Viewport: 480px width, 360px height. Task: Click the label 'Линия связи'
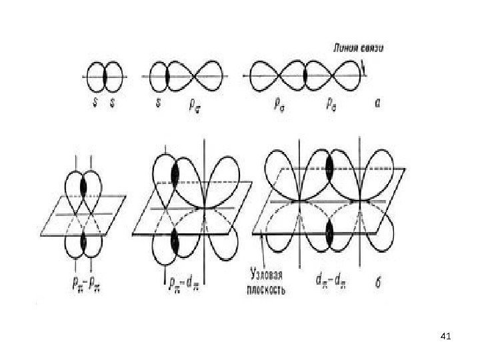click(x=358, y=48)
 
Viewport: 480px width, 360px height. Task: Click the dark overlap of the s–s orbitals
click(x=105, y=77)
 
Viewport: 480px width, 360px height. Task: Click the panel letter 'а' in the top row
click(x=377, y=104)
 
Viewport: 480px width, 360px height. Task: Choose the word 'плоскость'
click(x=268, y=290)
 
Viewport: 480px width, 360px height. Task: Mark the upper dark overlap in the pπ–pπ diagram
click(x=84, y=183)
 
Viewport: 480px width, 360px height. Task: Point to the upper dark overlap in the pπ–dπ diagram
click(x=175, y=173)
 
